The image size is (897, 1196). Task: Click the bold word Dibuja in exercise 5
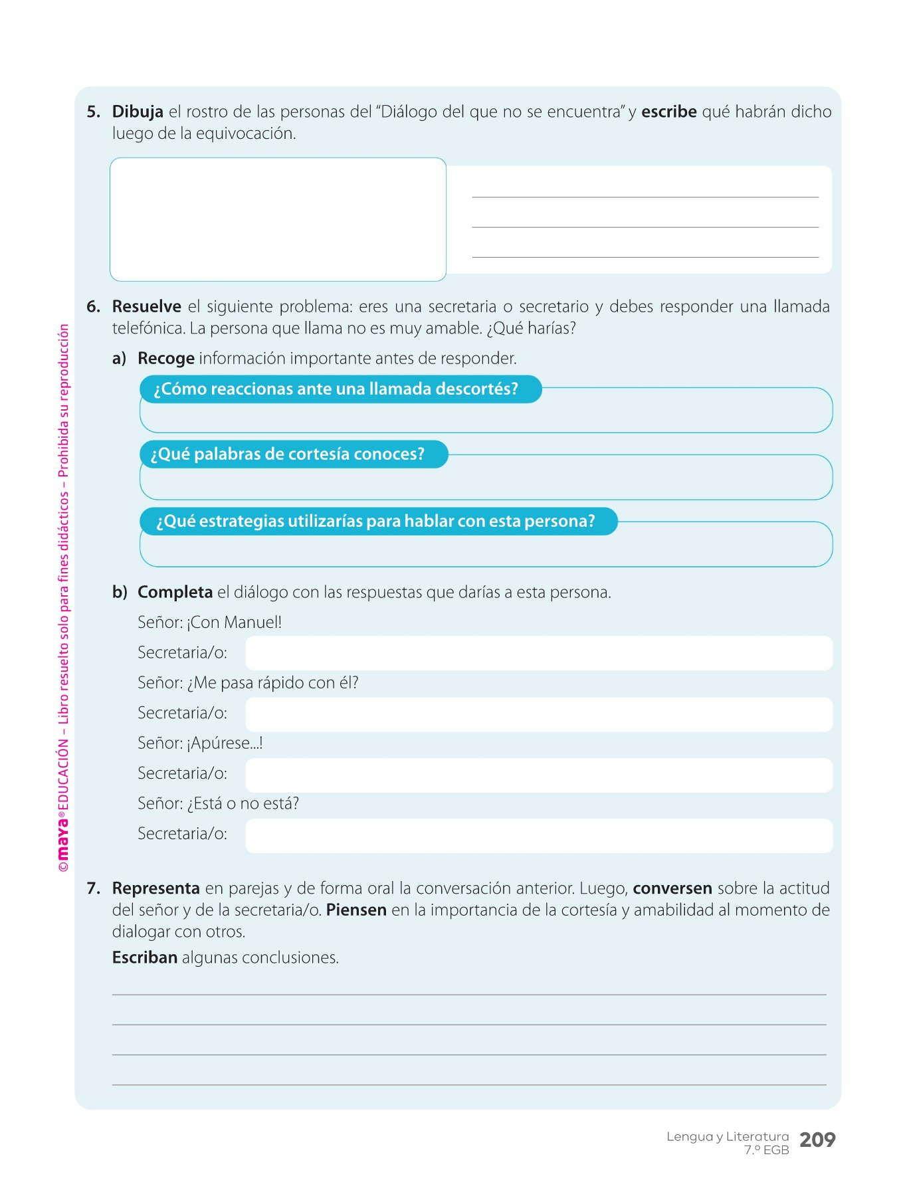click(x=138, y=112)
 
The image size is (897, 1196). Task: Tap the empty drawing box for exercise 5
click(x=278, y=219)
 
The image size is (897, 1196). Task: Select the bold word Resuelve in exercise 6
click(x=146, y=306)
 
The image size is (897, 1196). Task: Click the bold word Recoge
click(x=165, y=359)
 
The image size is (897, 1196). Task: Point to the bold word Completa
click(x=175, y=592)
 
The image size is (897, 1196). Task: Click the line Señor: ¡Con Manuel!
click(x=209, y=623)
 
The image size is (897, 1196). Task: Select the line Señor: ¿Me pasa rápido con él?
click(x=248, y=683)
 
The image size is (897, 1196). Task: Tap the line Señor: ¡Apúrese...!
click(x=200, y=743)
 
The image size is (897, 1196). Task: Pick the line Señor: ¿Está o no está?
click(x=218, y=803)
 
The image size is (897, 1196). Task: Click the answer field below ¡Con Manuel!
click(x=538, y=653)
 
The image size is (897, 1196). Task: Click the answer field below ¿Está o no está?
click(x=538, y=835)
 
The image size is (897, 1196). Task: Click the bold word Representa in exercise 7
click(x=155, y=888)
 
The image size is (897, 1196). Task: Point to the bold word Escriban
click(x=144, y=957)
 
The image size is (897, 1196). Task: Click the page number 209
click(x=817, y=1140)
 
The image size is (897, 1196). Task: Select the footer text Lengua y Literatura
click(x=728, y=1137)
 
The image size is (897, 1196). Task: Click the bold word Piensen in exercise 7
click(x=356, y=910)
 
